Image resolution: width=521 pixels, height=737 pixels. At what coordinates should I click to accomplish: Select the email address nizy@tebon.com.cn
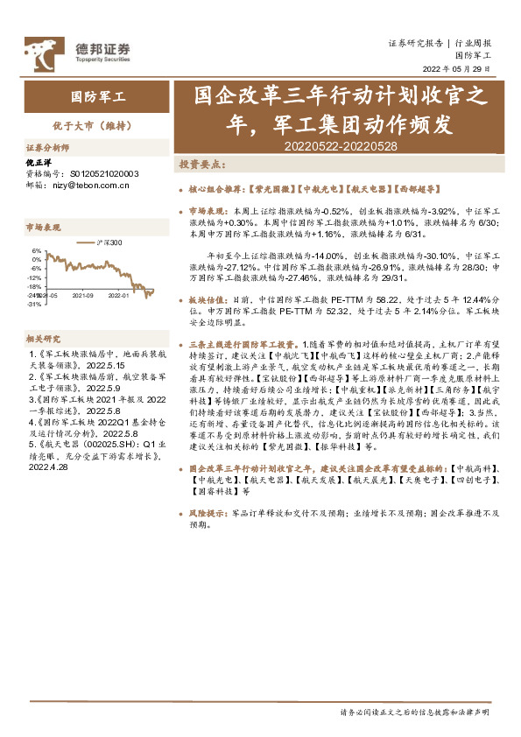(x=95, y=185)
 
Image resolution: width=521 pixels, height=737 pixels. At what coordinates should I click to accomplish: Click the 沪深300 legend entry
(x=110, y=242)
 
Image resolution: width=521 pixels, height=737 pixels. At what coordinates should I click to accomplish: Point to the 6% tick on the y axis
(x=37, y=251)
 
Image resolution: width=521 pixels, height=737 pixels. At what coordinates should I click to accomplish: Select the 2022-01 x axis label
(x=118, y=296)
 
